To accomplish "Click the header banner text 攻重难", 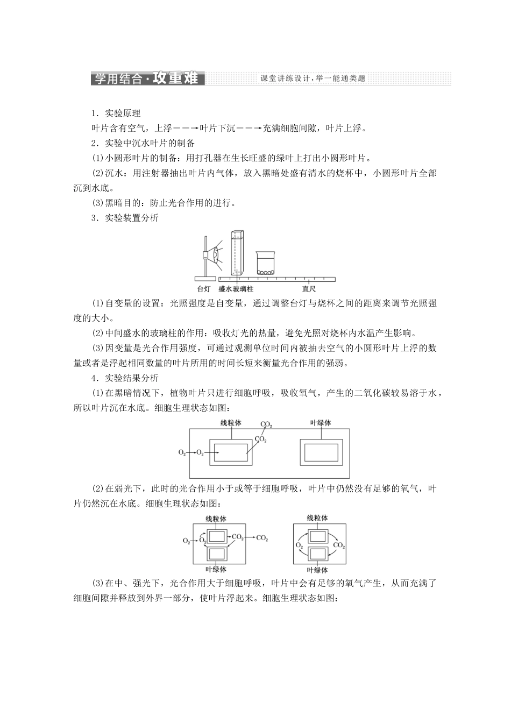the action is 175,79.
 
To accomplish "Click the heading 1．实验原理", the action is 116,114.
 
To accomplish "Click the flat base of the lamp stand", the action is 204,279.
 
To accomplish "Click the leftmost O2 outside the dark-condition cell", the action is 182,452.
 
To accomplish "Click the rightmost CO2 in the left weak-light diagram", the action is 262,538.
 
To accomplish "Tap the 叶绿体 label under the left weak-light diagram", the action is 216,569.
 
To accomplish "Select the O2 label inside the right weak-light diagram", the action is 299,545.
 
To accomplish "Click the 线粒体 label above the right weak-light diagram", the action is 317,518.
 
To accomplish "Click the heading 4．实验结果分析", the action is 125,378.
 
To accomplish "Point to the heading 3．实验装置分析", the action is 125,218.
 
